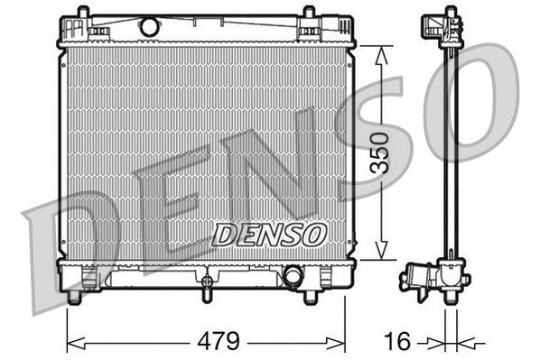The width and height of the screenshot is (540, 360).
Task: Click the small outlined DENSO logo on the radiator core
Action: click(268, 235)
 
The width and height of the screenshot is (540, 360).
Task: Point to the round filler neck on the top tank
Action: click(149, 27)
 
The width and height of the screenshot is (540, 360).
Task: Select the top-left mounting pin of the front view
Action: click(83, 12)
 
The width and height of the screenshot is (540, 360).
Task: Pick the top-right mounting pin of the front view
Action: click(309, 12)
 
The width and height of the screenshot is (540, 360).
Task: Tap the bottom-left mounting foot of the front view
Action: click(75, 297)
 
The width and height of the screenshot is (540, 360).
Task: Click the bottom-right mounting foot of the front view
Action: click(311, 296)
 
